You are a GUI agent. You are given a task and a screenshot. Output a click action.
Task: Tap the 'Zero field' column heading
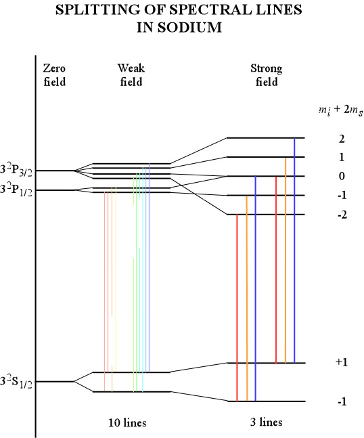pyautogui.click(x=54, y=75)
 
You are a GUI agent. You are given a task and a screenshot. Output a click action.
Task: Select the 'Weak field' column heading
pyautogui.click(x=131, y=75)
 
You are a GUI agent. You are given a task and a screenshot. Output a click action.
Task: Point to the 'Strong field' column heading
pyautogui.click(x=267, y=75)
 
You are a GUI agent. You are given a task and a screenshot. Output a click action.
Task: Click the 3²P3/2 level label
pyautogui.click(x=16, y=171)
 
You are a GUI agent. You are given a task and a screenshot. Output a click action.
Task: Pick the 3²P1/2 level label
pyautogui.click(x=16, y=190)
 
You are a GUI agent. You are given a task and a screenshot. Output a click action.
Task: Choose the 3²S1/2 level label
pyautogui.click(x=16, y=382)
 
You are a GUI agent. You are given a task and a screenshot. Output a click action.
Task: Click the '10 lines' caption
pyautogui.click(x=127, y=422)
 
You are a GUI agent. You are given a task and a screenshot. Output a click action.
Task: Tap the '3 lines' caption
pyautogui.click(x=267, y=422)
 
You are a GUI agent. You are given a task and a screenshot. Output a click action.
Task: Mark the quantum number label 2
pyautogui.click(x=342, y=139)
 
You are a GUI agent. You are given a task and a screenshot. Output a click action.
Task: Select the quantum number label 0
pyautogui.click(x=342, y=176)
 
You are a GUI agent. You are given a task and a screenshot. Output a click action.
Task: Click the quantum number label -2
pyautogui.click(x=342, y=215)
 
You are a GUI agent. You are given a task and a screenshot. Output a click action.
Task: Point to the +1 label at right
pyautogui.click(x=342, y=362)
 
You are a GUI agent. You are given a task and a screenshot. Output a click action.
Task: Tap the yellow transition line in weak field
pyautogui.click(x=116, y=280)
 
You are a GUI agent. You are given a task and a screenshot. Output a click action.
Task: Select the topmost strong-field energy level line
pyautogui.click(x=265, y=137)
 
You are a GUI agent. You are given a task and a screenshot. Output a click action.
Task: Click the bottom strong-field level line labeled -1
pyautogui.click(x=267, y=401)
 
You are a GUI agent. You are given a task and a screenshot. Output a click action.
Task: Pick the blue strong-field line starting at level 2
pyautogui.click(x=294, y=250)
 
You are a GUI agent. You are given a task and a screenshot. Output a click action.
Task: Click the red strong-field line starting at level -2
pyautogui.click(x=237, y=308)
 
